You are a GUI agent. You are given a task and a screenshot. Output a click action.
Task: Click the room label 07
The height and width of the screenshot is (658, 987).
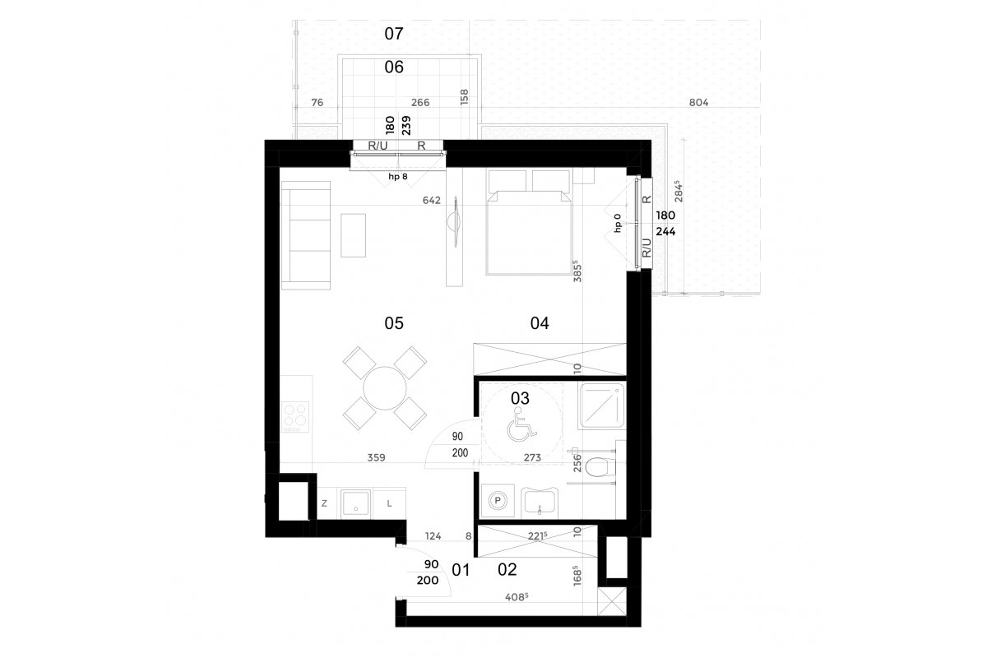tap(393, 34)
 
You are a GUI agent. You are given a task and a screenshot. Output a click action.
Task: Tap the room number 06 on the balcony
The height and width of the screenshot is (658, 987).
tap(393, 67)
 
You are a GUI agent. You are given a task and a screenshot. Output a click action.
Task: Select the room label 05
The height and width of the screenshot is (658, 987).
tap(393, 323)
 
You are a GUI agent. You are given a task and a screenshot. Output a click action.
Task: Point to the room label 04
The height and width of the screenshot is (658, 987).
tap(540, 323)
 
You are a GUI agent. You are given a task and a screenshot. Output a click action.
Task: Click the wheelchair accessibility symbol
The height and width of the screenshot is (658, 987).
tap(521, 424)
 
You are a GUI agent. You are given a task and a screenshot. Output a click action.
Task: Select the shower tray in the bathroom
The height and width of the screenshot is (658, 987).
tap(602, 405)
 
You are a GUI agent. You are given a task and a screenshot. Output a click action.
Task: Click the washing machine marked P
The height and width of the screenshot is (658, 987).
tap(498, 501)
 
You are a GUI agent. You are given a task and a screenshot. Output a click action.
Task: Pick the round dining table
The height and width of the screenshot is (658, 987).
tap(385, 388)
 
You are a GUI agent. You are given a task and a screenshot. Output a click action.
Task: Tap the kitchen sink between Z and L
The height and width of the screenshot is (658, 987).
tap(355, 504)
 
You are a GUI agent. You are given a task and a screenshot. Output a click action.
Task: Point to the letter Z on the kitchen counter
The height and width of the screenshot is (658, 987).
tap(324, 503)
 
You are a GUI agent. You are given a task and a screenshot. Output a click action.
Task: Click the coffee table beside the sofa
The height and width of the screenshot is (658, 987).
tap(353, 235)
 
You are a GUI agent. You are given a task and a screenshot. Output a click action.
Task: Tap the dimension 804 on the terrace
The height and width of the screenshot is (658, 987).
tap(698, 103)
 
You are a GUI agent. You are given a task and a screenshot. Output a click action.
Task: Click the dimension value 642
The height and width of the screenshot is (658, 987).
tap(431, 200)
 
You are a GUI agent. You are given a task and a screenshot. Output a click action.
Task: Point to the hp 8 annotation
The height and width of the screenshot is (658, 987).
tap(398, 177)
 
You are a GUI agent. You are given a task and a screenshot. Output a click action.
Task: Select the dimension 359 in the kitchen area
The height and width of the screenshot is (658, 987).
tap(377, 457)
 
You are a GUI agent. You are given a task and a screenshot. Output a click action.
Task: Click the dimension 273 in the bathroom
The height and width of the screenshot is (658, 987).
tap(532, 457)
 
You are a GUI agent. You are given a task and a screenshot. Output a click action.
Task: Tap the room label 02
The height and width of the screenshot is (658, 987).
tap(507, 570)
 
